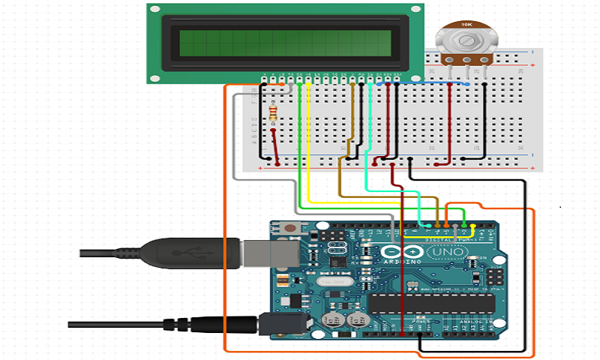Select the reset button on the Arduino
(289, 229)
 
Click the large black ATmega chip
(431, 302)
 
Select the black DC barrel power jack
(285, 324)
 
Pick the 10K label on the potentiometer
(465, 25)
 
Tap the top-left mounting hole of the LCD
(154, 9)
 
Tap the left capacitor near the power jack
(328, 319)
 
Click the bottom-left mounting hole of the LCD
(154, 77)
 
